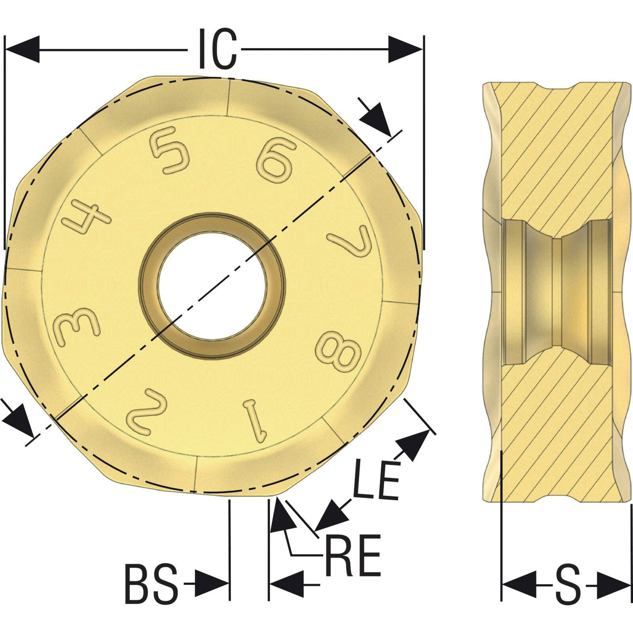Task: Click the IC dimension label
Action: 217,49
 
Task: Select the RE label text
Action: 353,555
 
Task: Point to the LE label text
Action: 376,479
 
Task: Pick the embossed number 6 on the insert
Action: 276,159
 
